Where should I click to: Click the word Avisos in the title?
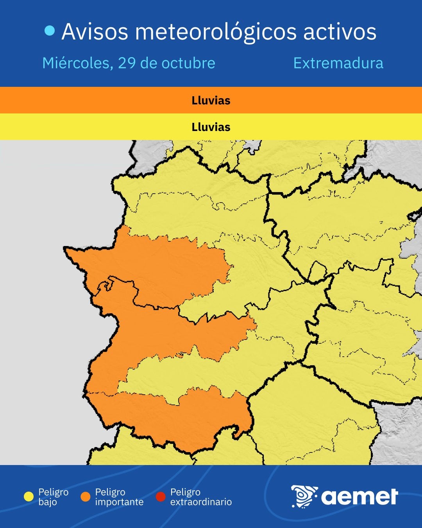coord(95,32)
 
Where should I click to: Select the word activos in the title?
coord(340,32)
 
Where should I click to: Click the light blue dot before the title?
coord(50,31)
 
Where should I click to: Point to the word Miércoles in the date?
coord(75,63)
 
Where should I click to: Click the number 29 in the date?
coord(127,63)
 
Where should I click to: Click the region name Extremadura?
coord(338,63)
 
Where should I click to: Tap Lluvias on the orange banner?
coord(211,101)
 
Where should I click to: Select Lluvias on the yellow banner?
coord(211,127)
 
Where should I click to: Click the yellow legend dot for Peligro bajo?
coord(29,497)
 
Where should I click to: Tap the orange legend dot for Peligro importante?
coord(85,497)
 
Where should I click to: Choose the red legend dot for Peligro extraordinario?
coord(161,497)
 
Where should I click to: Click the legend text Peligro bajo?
coord(53,497)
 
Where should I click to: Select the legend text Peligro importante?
coord(119,497)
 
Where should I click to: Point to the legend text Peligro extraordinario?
coord(201,497)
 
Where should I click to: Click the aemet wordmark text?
coord(359,497)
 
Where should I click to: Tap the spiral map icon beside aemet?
coord(304,496)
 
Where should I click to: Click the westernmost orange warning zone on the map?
coord(156,266)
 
